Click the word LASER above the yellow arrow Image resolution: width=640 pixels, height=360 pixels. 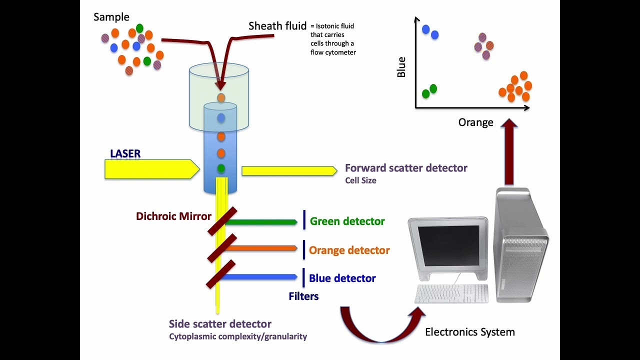pyautogui.click(x=125, y=153)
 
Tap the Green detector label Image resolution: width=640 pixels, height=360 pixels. pyautogui.click(x=347, y=221)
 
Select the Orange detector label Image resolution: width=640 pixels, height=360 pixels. pyautogui.click(x=349, y=250)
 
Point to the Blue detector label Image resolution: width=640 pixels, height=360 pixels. pyautogui.click(x=342, y=278)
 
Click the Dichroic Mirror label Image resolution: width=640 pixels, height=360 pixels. pyautogui.click(x=173, y=216)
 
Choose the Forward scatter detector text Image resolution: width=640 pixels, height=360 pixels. pyautogui.click(x=406, y=168)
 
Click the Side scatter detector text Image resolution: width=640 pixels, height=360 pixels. pyautogui.click(x=220, y=324)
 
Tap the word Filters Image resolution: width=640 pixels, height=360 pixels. pyautogui.click(x=303, y=296)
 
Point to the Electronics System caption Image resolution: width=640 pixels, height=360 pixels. pyautogui.click(x=469, y=331)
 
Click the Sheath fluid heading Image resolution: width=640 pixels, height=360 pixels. pyautogui.click(x=277, y=26)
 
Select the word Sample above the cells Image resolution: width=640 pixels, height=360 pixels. pyautogui.click(x=111, y=17)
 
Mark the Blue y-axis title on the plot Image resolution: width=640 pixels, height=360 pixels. pyautogui.click(x=401, y=67)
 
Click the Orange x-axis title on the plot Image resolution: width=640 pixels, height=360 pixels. pyautogui.click(x=475, y=122)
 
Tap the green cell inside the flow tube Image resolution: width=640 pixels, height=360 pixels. pyautogui.click(x=221, y=168)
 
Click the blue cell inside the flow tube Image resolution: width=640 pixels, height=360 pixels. pyautogui.click(x=221, y=118)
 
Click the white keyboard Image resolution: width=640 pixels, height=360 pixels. pyautogui.click(x=451, y=293)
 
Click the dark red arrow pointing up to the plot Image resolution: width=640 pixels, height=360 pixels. pyautogui.click(x=509, y=152)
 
